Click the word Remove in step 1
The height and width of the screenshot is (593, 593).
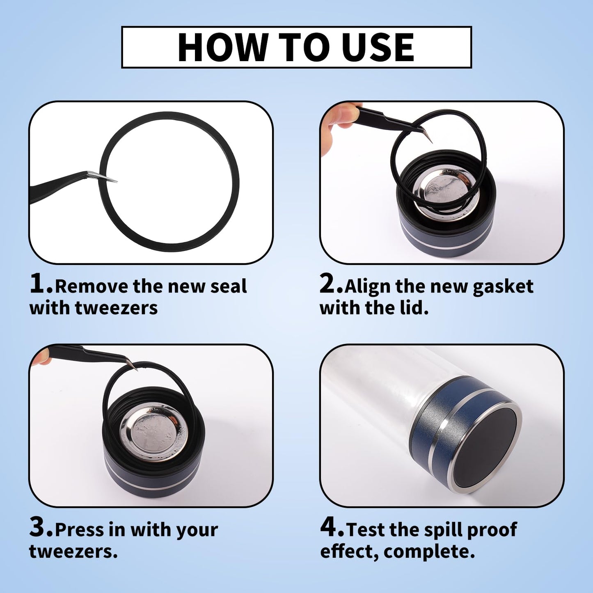[x=91, y=286]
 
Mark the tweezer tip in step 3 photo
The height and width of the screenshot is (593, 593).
[x=135, y=368]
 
